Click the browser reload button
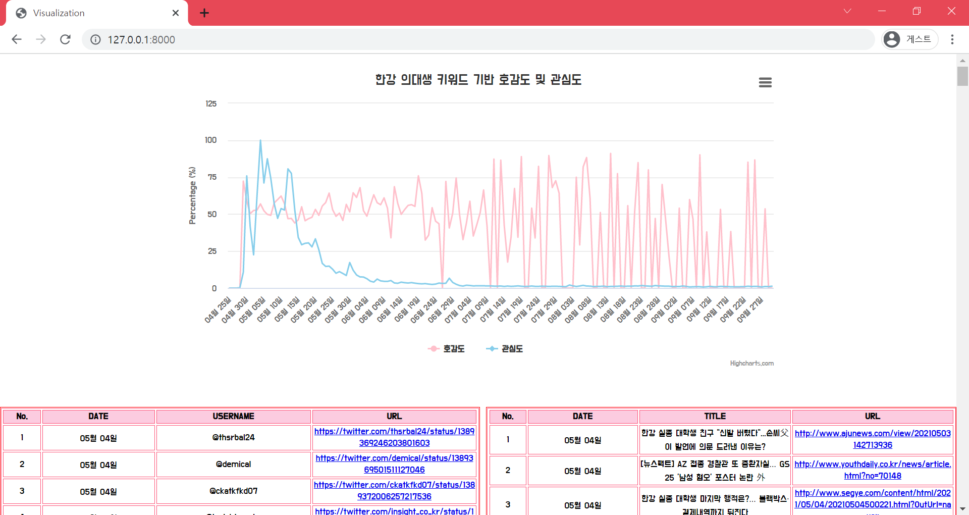65,39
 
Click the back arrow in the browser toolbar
17,39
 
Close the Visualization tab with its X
175,13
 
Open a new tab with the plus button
204,13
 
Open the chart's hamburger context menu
765,82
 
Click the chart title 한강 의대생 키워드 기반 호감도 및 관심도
478,80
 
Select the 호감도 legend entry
447,349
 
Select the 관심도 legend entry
505,349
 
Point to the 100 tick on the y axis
211,140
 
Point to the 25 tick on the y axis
212,251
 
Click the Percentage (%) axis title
192,195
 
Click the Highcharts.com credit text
751,364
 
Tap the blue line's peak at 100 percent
260,140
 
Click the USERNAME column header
233,417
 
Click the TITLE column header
715,417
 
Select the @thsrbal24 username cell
233,438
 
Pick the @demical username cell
233,465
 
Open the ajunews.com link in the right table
873,439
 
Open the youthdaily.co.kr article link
873,470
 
